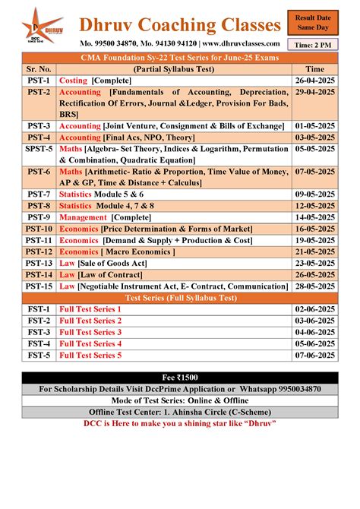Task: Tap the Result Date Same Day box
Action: point(313,22)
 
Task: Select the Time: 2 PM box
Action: point(313,46)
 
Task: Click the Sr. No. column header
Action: point(39,68)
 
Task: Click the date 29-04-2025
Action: point(313,91)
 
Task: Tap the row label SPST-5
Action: point(39,149)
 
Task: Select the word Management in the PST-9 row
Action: point(84,217)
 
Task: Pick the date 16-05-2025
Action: point(313,228)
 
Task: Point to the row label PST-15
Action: point(39,286)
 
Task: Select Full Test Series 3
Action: point(90,332)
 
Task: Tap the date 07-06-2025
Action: point(313,355)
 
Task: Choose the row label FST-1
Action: point(39,309)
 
